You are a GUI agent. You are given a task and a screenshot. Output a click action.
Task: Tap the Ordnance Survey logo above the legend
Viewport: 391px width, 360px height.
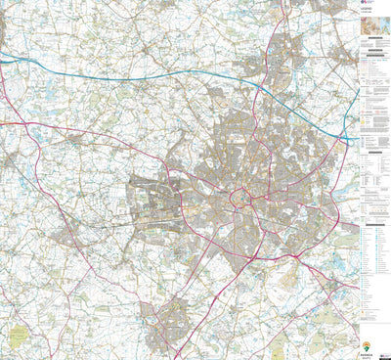[x=366, y=4]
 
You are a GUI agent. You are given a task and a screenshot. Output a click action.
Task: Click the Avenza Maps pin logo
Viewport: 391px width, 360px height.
[x=367, y=345]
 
